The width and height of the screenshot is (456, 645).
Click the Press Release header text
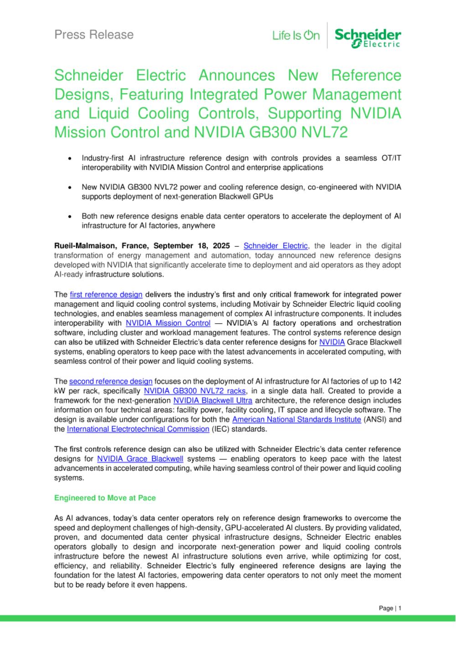pyautogui.click(x=94, y=35)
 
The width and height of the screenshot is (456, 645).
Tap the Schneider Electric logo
pyautogui.click(x=368, y=37)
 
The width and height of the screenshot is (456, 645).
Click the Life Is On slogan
pyautogui.click(x=296, y=36)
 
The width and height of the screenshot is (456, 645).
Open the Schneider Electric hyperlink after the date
pyautogui.click(x=276, y=246)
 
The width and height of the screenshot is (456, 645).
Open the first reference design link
pyautogui.click(x=106, y=294)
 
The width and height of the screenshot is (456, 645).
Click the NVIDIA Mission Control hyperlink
pyautogui.click(x=168, y=323)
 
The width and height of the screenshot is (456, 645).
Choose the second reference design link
pyautogui.click(x=110, y=381)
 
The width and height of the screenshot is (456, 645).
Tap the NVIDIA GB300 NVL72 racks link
pyautogui.click(x=195, y=391)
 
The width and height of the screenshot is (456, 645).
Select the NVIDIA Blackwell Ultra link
pyautogui.click(x=213, y=400)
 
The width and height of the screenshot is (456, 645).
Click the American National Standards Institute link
pyautogui.click(x=296, y=420)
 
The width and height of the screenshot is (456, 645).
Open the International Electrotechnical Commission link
pyautogui.click(x=138, y=429)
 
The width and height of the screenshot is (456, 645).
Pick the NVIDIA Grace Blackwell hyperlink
pyautogui.click(x=140, y=459)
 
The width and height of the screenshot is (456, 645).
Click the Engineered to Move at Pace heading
pyautogui.click(x=105, y=498)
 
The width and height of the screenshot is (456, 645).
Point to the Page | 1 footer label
pyautogui.click(x=390, y=608)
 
